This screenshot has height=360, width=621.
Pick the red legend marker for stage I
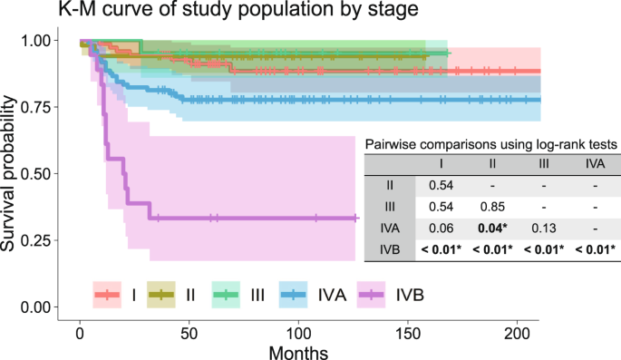(x=107, y=295)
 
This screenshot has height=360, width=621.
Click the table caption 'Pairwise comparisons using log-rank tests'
(x=491, y=143)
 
